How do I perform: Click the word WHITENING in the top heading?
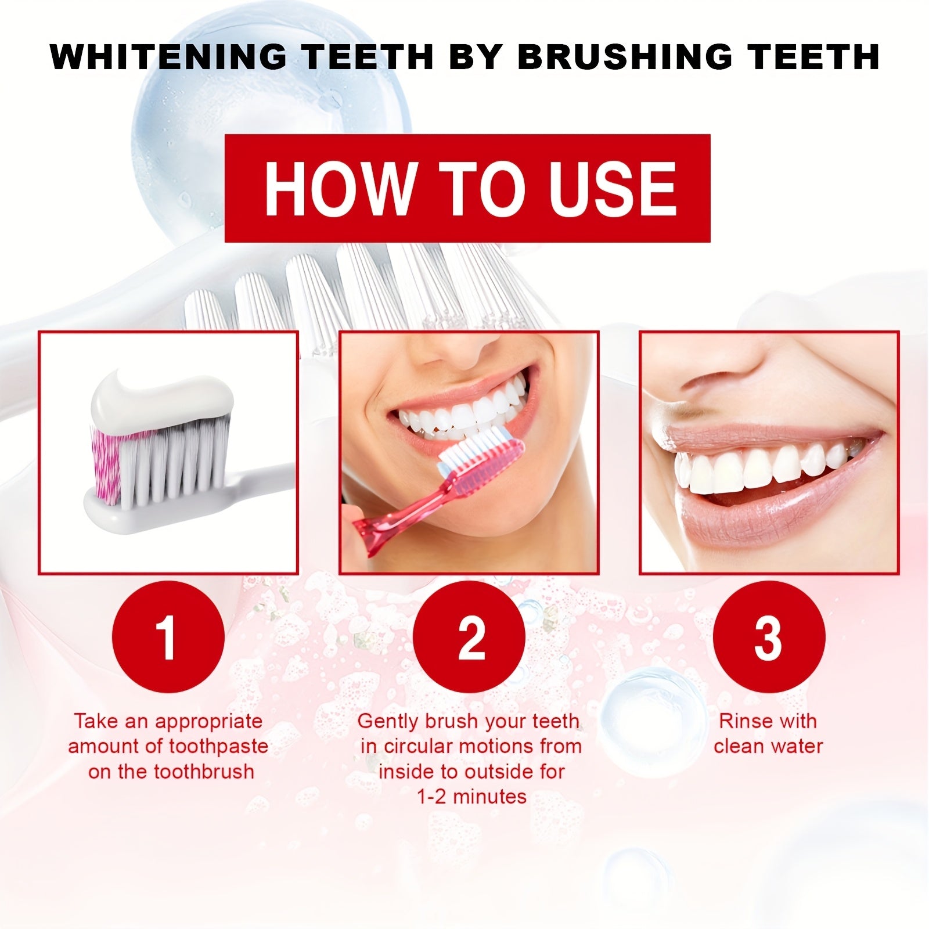(x=168, y=57)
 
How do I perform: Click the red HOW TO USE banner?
(x=467, y=188)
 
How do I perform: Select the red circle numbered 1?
(x=168, y=638)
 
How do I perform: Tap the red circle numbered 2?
(x=471, y=638)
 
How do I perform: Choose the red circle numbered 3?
(x=768, y=638)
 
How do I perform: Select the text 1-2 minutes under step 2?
(x=471, y=797)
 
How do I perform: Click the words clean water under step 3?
(x=768, y=746)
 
